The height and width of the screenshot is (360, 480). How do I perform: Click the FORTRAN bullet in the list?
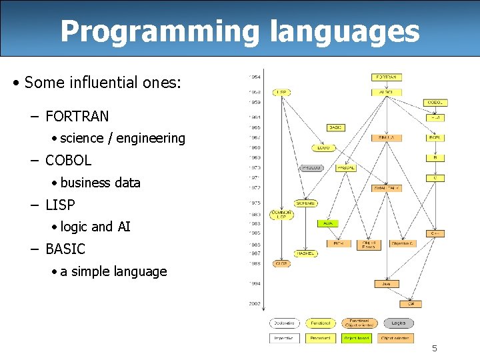click(x=77, y=116)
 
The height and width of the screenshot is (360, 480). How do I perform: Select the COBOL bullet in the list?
click(x=68, y=161)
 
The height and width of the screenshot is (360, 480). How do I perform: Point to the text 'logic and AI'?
click(x=95, y=227)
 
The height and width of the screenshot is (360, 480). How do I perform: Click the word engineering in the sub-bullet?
click(x=151, y=138)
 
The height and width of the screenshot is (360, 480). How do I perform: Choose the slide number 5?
click(x=434, y=348)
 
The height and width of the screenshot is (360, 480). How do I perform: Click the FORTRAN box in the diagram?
click(x=387, y=77)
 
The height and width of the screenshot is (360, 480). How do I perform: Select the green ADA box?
click(x=328, y=223)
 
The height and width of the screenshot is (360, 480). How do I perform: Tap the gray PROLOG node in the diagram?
click(x=311, y=168)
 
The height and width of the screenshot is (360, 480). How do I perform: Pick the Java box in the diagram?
click(x=387, y=284)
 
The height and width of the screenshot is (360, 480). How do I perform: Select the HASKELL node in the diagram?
click(x=306, y=253)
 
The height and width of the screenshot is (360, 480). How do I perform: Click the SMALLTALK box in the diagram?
click(x=387, y=188)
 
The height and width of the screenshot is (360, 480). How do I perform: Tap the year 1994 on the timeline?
click(x=255, y=283)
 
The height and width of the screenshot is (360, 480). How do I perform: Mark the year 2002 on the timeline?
click(x=255, y=304)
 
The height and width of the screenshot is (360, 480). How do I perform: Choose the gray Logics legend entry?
click(x=399, y=323)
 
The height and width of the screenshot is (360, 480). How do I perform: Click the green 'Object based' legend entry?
click(x=357, y=339)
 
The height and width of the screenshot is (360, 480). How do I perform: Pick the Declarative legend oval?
click(x=285, y=323)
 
